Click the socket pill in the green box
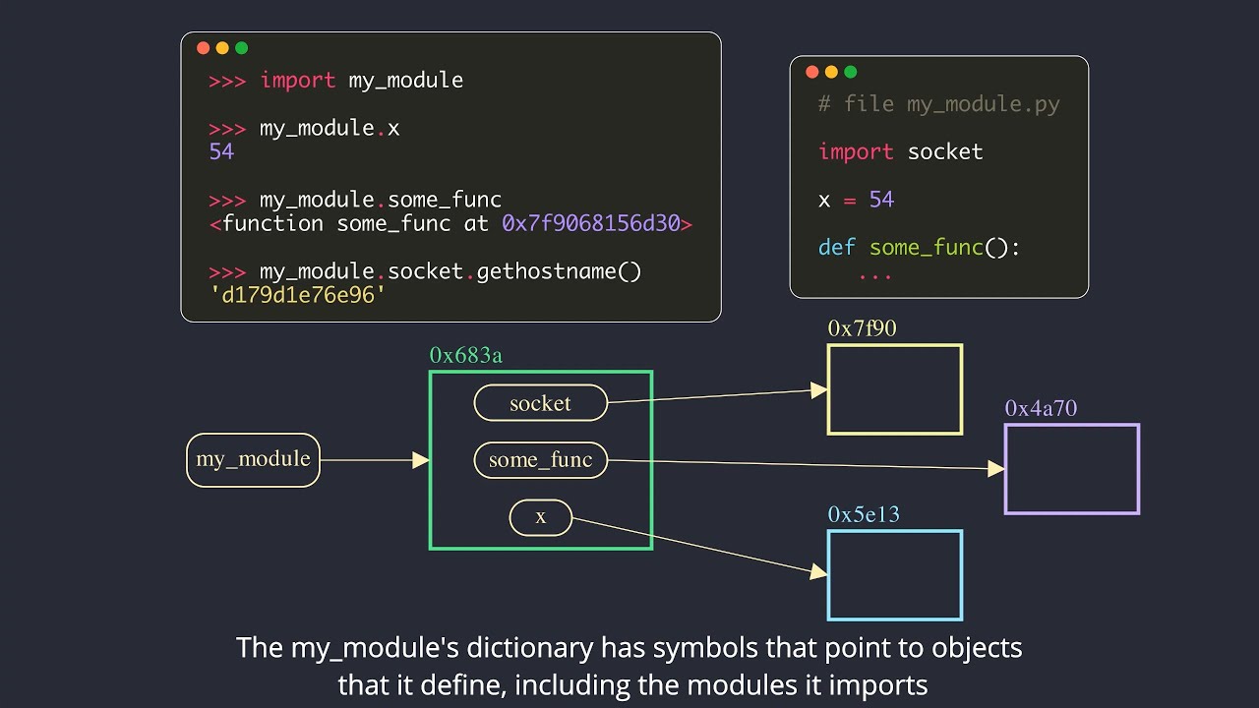click(540, 403)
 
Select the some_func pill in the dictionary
click(540, 460)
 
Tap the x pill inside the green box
click(540, 517)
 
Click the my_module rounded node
click(253, 459)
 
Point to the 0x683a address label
click(465, 356)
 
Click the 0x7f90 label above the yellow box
click(862, 329)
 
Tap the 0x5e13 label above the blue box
click(864, 515)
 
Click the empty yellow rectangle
click(894, 389)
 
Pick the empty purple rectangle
click(1071, 469)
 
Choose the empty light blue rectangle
click(894, 575)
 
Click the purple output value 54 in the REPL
click(221, 151)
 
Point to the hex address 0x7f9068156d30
click(590, 223)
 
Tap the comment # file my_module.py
click(938, 104)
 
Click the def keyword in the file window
click(836, 247)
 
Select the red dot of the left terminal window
click(204, 48)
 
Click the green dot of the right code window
click(851, 72)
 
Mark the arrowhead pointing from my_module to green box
click(421, 460)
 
